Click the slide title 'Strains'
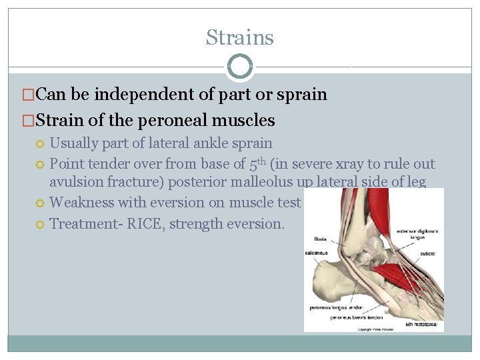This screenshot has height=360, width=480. (239, 37)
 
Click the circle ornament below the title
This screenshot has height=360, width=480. (239, 67)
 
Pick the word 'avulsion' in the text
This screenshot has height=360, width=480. (75, 183)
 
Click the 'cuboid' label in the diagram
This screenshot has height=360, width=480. (428, 253)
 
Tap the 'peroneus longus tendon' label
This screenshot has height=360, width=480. (336, 307)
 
